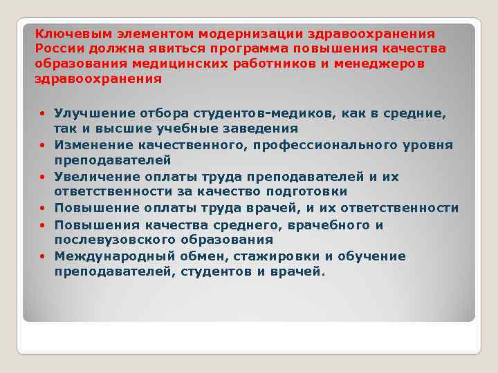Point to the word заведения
click(263, 128)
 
